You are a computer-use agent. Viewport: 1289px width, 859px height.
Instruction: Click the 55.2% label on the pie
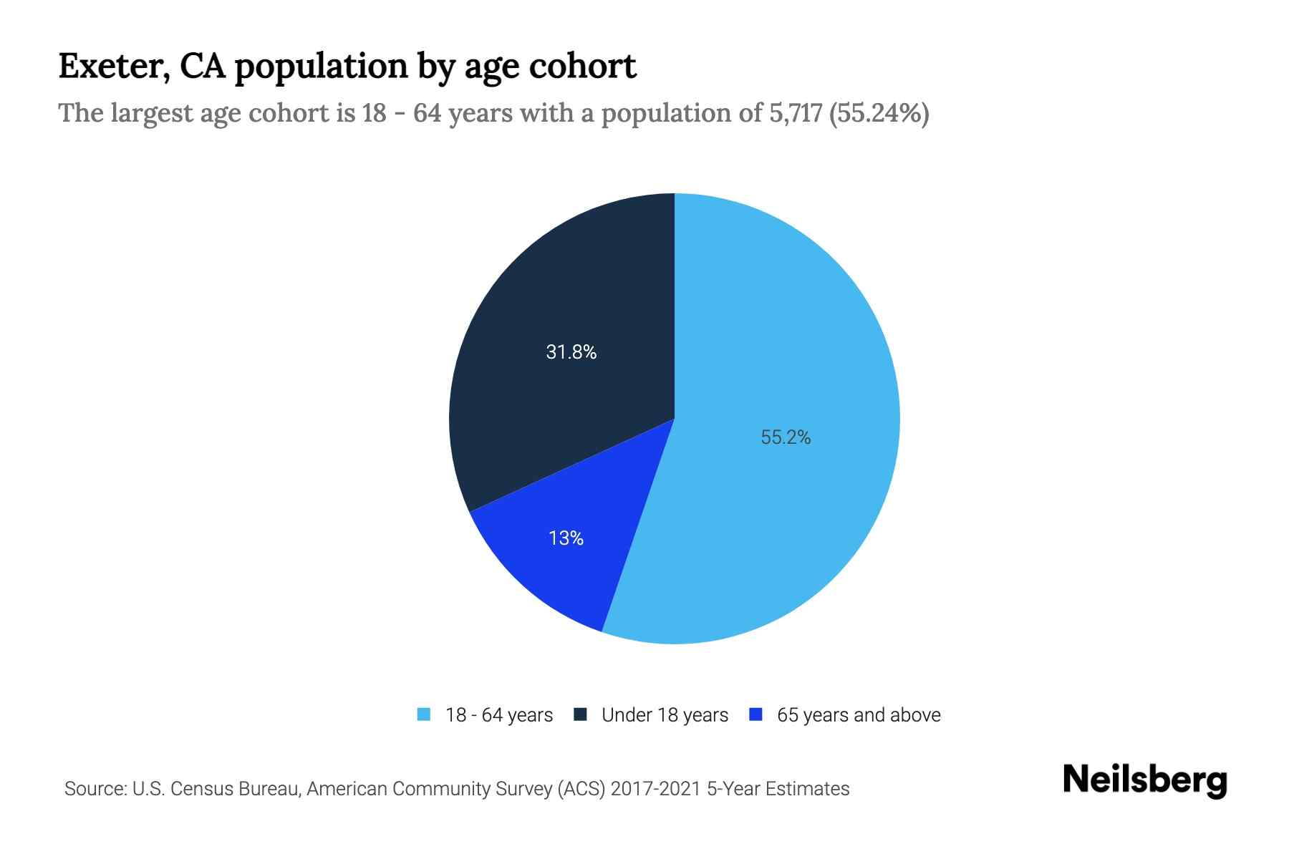pos(786,437)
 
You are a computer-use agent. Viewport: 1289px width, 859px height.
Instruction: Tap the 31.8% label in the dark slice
pos(571,351)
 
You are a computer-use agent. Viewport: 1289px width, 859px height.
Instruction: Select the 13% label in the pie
pos(566,538)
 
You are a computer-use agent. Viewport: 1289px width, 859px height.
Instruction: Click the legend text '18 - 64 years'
pos(499,715)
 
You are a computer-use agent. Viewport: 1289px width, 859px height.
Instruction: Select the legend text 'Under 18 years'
pos(665,715)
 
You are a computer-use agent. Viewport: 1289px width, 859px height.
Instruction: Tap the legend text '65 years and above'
pos(859,715)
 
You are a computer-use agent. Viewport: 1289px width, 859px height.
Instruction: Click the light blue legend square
pos(424,714)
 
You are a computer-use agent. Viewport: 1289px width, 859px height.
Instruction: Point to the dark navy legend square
pos(580,714)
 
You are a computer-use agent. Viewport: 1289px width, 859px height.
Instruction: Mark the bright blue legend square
pos(755,714)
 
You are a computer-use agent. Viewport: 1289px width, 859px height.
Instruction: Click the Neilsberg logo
pos(1145,780)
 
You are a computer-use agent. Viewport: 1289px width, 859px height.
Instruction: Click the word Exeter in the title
pos(113,67)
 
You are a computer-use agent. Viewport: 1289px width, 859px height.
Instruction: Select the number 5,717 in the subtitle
pos(795,113)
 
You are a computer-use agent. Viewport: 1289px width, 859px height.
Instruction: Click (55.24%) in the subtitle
pos(879,113)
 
